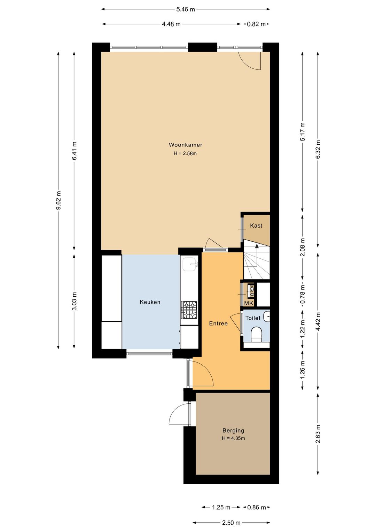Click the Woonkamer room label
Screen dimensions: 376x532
[x=186, y=145]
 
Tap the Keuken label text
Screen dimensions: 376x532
[x=150, y=302]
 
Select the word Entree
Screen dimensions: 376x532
[x=218, y=323]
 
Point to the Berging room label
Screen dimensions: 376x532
[x=233, y=430]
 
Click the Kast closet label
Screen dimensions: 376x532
[x=256, y=226]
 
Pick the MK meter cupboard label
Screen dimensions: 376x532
[x=249, y=303]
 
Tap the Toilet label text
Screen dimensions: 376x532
[x=253, y=318]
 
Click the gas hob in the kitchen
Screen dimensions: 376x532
[x=189, y=310]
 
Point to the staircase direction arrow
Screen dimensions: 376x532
[x=257, y=254]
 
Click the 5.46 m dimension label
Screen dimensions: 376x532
[x=186, y=9]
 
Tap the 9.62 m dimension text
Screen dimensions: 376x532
[x=58, y=200]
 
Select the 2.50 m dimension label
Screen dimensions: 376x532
[x=231, y=523]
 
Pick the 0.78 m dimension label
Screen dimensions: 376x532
[x=303, y=295]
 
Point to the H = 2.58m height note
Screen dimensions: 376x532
[x=185, y=153]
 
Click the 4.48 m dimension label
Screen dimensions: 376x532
[x=171, y=24]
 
